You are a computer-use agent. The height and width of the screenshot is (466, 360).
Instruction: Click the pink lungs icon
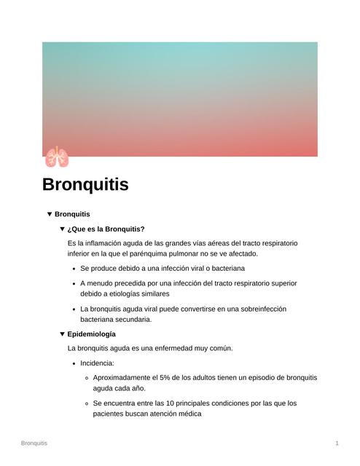(x=56, y=157)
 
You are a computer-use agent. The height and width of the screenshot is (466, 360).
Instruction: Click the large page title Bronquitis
(x=85, y=185)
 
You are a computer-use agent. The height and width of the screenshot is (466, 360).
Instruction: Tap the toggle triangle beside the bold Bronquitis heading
(x=50, y=214)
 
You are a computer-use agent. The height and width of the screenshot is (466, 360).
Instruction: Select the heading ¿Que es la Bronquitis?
(x=106, y=229)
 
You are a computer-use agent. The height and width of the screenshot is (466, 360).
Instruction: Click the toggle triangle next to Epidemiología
(x=62, y=334)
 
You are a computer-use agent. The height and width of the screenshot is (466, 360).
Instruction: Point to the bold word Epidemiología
(x=91, y=334)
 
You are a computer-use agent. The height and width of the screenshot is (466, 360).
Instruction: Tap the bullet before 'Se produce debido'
(x=74, y=269)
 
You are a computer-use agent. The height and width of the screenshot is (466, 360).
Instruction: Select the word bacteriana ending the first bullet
(x=224, y=269)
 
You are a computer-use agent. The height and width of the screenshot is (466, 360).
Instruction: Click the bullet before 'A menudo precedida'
(x=74, y=283)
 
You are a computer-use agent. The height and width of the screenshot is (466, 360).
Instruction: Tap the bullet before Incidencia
(x=74, y=363)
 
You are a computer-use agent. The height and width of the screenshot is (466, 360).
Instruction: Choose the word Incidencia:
(x=98, y=363)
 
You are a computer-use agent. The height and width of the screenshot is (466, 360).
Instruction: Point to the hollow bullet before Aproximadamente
(x=87, y=378)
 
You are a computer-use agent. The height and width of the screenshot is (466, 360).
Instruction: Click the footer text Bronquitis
(x=34, y=443)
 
